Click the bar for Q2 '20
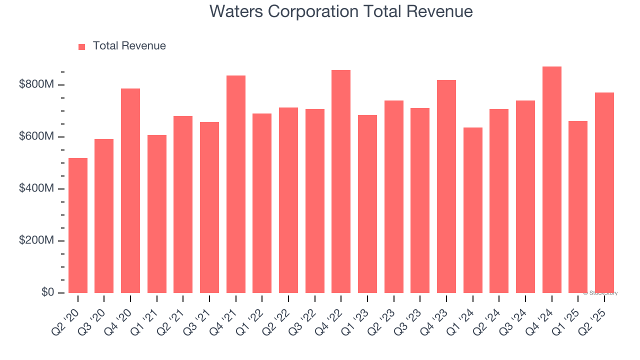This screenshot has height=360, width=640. [x=78, y=225]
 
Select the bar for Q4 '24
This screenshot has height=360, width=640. [x=552, y=179]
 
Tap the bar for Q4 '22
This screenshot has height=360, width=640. [x=341, y=181]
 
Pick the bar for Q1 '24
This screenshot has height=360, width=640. [x=473, y=210]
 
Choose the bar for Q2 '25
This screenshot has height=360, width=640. [x=604, y=192]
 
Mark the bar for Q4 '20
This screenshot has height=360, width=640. [x=130, y=190]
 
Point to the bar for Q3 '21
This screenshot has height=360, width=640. [x=209, y=207]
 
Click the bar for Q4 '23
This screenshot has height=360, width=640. [x=446, y=186]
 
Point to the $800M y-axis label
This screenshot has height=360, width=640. [x=36, y=85]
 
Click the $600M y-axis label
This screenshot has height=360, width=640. [x=36, y=137]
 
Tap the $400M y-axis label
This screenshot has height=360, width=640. [x=36, y=189]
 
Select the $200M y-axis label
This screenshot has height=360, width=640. [x=36, y=241]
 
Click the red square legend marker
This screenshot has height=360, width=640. [x=82, y=46]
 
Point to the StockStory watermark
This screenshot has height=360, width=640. [x=600, y=293]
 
